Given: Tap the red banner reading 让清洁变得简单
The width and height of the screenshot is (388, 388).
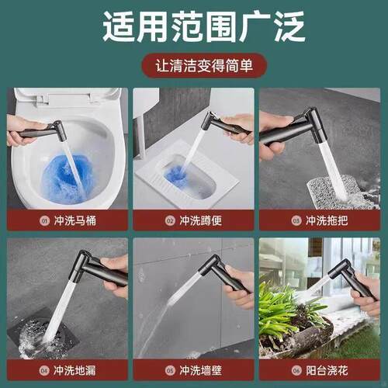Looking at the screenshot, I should tap(194, 67).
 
